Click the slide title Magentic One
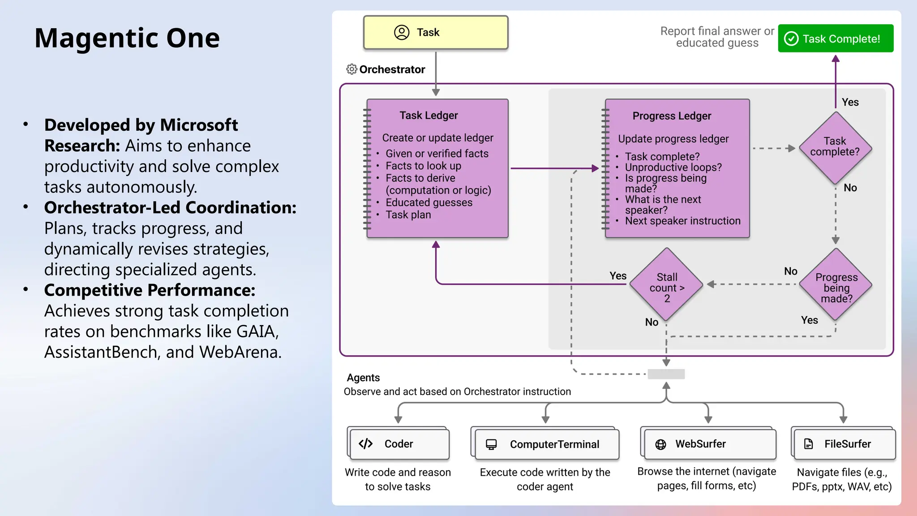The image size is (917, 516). pos(127,38)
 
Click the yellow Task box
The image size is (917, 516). pos(435,32)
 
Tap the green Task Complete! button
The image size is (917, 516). pos(836,39)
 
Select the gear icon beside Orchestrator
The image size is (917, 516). pos(351,69)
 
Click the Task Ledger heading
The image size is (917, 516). pos(429,116)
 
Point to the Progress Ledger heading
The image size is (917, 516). pos(672,116)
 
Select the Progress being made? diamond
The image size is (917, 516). pos(836,285)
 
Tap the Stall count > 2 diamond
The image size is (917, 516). pos(667,285)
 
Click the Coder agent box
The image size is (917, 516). pos(399,444)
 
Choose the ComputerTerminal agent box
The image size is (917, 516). pos(547,444)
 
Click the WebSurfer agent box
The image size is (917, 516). pos(710,444)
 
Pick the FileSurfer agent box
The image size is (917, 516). pos(844,444)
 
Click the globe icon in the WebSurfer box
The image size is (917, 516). pos(660,444)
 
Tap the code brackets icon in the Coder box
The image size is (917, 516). pos(365,444)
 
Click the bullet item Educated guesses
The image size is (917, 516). pos(429,202)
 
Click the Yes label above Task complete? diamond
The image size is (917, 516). pos(850,102)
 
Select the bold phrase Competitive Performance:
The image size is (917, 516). pos(150,290)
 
